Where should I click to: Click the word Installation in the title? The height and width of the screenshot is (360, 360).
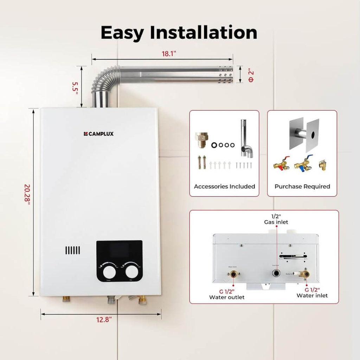pos(203,32)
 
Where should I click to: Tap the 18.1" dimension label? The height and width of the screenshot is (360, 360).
pos(169,53)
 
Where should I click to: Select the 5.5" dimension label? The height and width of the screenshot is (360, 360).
pos(75,86)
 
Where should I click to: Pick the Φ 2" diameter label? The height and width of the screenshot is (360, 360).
pos(250,75)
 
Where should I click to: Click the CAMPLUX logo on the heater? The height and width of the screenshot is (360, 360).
pos(99,134)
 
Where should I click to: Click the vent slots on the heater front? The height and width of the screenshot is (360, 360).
pos(72,250)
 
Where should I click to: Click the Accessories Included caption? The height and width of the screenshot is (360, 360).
pos(224,186)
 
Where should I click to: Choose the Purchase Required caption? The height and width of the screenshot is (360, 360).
pos(302,186)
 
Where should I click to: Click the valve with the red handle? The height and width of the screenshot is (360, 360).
pos(281,163)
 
